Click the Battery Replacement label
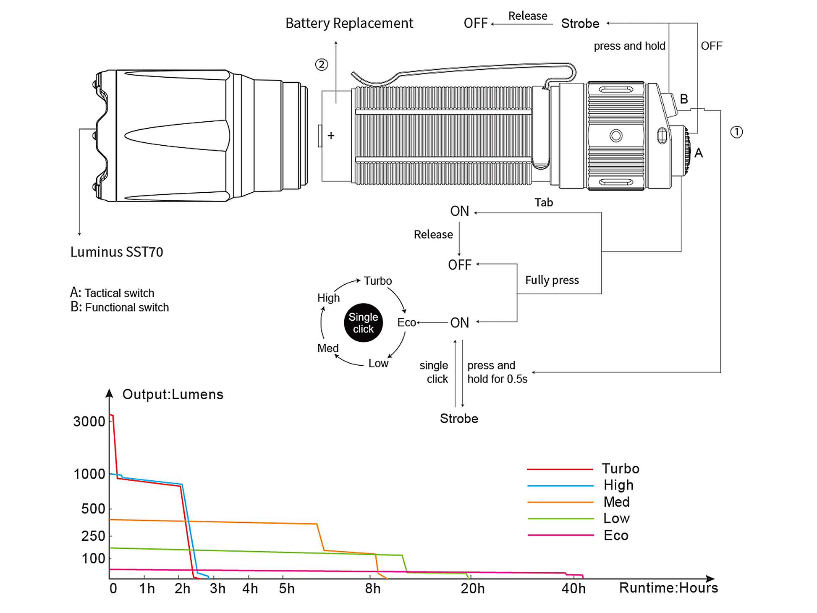(349, 24)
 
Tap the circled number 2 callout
(322, 65)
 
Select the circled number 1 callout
(736, 132)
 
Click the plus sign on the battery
(331, 136)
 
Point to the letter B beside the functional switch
(684, 99)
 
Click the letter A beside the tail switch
(699, 153)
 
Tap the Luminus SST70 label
(117, 252)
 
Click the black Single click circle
(363, 323)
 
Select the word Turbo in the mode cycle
(378, 281)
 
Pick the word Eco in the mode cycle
(406, 322)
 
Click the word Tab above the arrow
(544, 202)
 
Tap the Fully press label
(552, 280)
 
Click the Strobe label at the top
(580, 24)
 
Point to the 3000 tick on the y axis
(89, 421)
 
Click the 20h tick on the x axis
(473, 589)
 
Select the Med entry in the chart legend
(616, 502)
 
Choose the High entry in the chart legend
(618, 485)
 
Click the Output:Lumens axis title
(173, 394)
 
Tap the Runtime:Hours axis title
(668, 588)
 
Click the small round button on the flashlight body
(616, 136)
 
